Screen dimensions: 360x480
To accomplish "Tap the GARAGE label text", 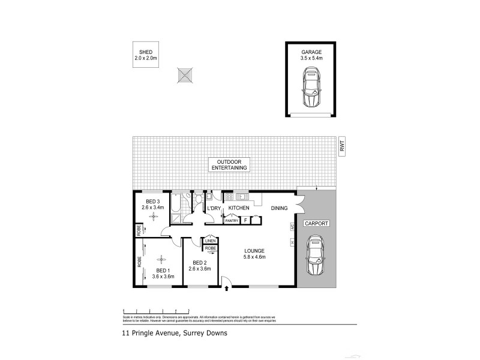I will (x=311, y=52).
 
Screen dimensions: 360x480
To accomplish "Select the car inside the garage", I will (x=311, y=87).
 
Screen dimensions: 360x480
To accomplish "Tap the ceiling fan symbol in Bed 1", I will (x=160, y=259).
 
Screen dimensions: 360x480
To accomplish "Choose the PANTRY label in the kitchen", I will (x=232, y=221).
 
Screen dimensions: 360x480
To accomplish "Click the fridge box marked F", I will (x=245, y=221).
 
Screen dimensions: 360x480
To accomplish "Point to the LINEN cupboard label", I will (x=211, y=241).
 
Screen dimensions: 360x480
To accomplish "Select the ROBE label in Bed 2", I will (x=211, y=248).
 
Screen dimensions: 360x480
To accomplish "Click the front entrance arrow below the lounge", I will (x=226, y=289).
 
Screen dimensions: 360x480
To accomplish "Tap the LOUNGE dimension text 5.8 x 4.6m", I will (x=255, y=257).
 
